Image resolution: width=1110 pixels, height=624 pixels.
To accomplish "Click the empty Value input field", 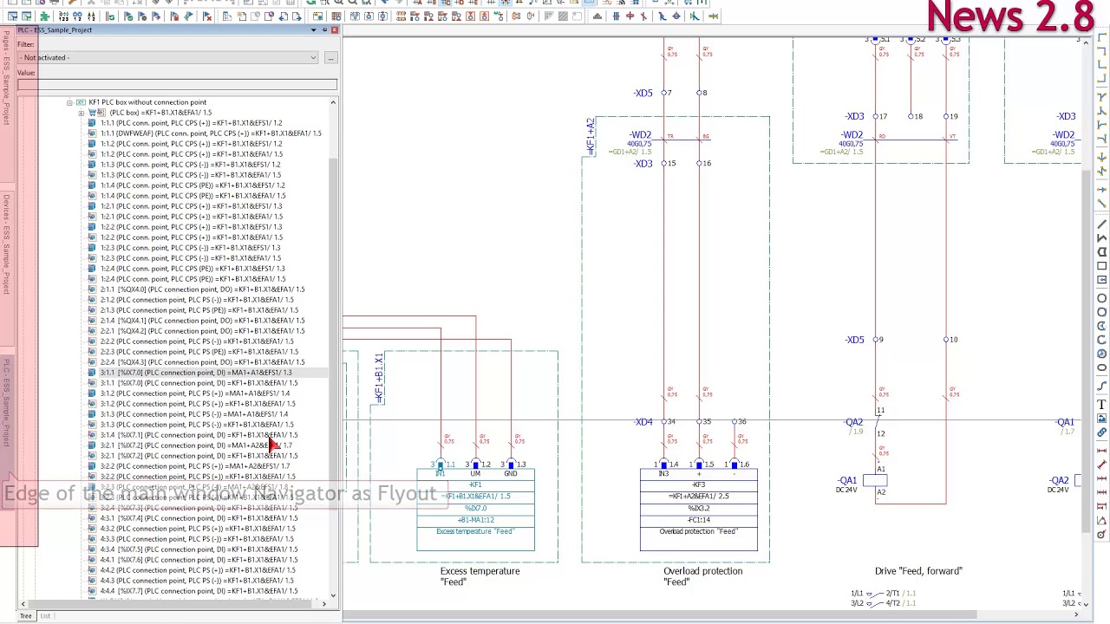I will click(177, 84).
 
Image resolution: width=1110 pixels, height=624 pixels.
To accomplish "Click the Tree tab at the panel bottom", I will click(26, 616).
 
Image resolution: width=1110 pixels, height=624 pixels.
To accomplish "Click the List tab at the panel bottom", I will click(45, 616).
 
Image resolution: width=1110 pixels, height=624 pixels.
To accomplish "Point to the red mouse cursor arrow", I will click(273, 445).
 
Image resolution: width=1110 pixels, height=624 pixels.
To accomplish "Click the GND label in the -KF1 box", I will click(510, 474).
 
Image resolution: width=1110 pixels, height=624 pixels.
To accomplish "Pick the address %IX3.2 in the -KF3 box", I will click(698, 508).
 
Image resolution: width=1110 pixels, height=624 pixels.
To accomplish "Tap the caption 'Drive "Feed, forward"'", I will click(918, 571).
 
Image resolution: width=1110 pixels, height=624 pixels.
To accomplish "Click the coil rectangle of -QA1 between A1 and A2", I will click(880, 481).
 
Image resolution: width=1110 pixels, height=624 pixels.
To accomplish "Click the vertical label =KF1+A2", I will click(591, 137).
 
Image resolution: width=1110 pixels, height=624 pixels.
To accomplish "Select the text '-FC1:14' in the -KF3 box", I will click(698, 520).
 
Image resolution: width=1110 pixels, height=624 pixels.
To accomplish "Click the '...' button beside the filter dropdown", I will click(330, 58).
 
